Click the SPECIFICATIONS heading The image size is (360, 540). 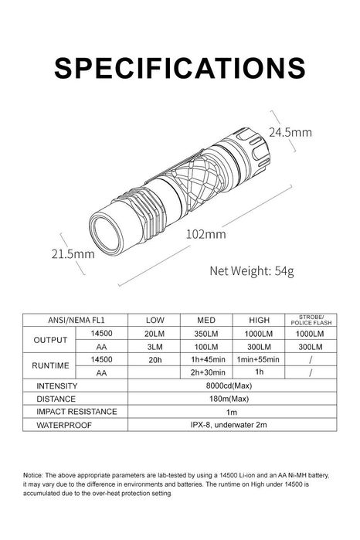pos(180,68)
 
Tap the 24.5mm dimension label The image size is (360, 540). pos(290,132)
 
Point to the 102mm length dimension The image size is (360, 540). pos(206,234)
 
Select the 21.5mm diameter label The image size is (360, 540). pos(73,254)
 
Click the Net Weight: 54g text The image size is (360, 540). pos(252,271)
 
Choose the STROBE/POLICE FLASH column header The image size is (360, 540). pos(311,320)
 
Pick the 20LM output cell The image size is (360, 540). pos(155,334)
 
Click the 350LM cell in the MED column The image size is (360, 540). pos(206,334)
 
